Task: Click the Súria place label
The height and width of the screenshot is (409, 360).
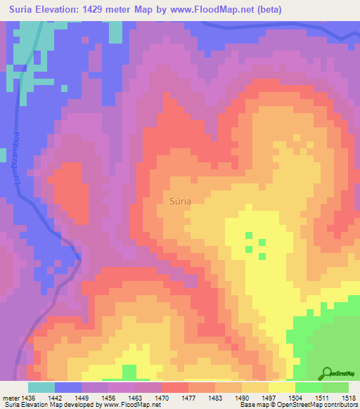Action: tap(181, 200)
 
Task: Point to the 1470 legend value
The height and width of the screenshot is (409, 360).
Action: tap(162, 398)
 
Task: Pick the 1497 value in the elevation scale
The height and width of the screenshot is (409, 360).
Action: tap(268, 398)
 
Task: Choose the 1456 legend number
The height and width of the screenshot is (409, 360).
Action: tap(108, 398)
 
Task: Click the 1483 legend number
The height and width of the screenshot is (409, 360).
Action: tap(214, 398)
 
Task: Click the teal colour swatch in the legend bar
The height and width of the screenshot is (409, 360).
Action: tap(41, 387)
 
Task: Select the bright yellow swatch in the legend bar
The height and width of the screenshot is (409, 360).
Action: tap(281, 387)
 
